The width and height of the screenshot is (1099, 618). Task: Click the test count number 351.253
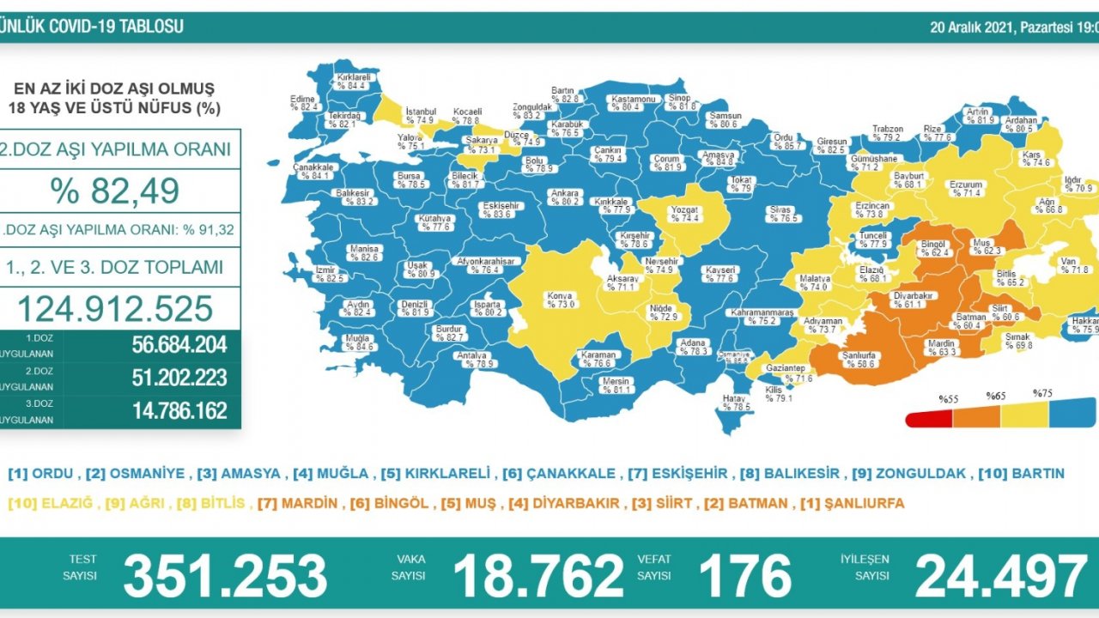(225, 575)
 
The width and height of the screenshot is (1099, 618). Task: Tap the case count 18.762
(538, 575)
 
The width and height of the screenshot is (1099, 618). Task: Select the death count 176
(744, 575)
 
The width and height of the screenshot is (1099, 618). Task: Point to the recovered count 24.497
(1001, 575)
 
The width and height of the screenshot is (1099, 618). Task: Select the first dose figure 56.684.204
(179, 345)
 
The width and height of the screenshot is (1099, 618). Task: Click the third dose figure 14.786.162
(179, 410)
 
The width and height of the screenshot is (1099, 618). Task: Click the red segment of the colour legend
(929, 418)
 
